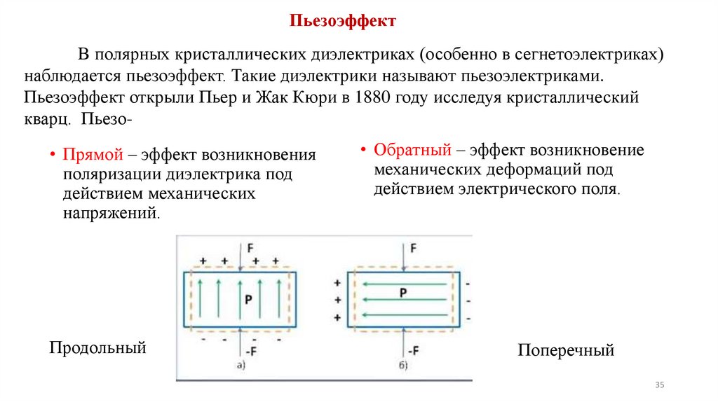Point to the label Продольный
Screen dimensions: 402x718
tap(97, 347)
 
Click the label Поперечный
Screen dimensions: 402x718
tap(566, 350)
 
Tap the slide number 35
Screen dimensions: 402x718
tap(658, 386)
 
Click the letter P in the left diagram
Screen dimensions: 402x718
tap(248, 298)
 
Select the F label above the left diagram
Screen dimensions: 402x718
tap(249, 248)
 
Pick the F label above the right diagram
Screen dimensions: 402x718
tap(413, 248)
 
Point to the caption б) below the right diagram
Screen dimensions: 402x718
tap(403, 365)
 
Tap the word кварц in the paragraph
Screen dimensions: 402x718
tap(46, 119)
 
